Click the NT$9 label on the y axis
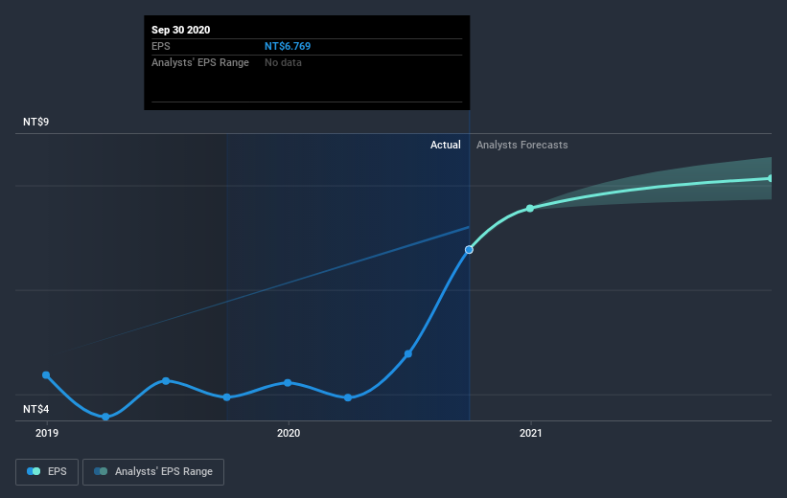click(37, 123)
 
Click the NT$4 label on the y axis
click(37, 410)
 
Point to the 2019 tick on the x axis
click(46, 434)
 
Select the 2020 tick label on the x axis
click(288, 434)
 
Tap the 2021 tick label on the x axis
click(530, 434)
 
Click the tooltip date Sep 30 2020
click(180, 30)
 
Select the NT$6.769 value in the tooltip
click(288, 46)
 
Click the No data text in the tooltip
click(285, 62)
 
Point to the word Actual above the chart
click(445, 145)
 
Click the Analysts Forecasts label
click(521, 145)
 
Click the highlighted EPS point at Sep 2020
click(469, 249)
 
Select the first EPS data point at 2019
click(46, 375)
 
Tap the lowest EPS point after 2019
click(105, 417)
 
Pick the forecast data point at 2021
click(530, 208)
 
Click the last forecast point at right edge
click(771, 178)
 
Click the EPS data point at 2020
click(288, 383)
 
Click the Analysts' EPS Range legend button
click(153, 471)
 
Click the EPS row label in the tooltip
click(161, 46)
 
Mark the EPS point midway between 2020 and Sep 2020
click(408, 353)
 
